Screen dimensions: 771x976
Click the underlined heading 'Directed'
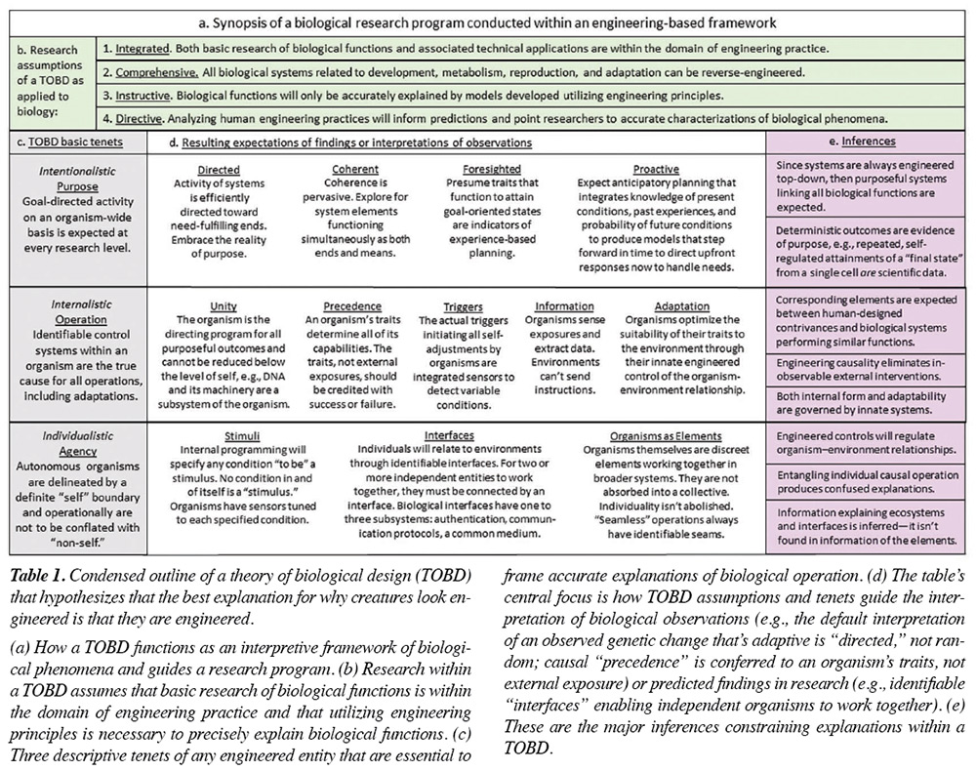[218, 170]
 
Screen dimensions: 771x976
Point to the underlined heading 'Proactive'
[656, 170]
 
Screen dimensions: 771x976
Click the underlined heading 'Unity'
[224, 305]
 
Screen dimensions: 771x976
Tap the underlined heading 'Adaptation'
[682, 305]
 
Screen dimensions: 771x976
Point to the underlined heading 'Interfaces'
[450, 436]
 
